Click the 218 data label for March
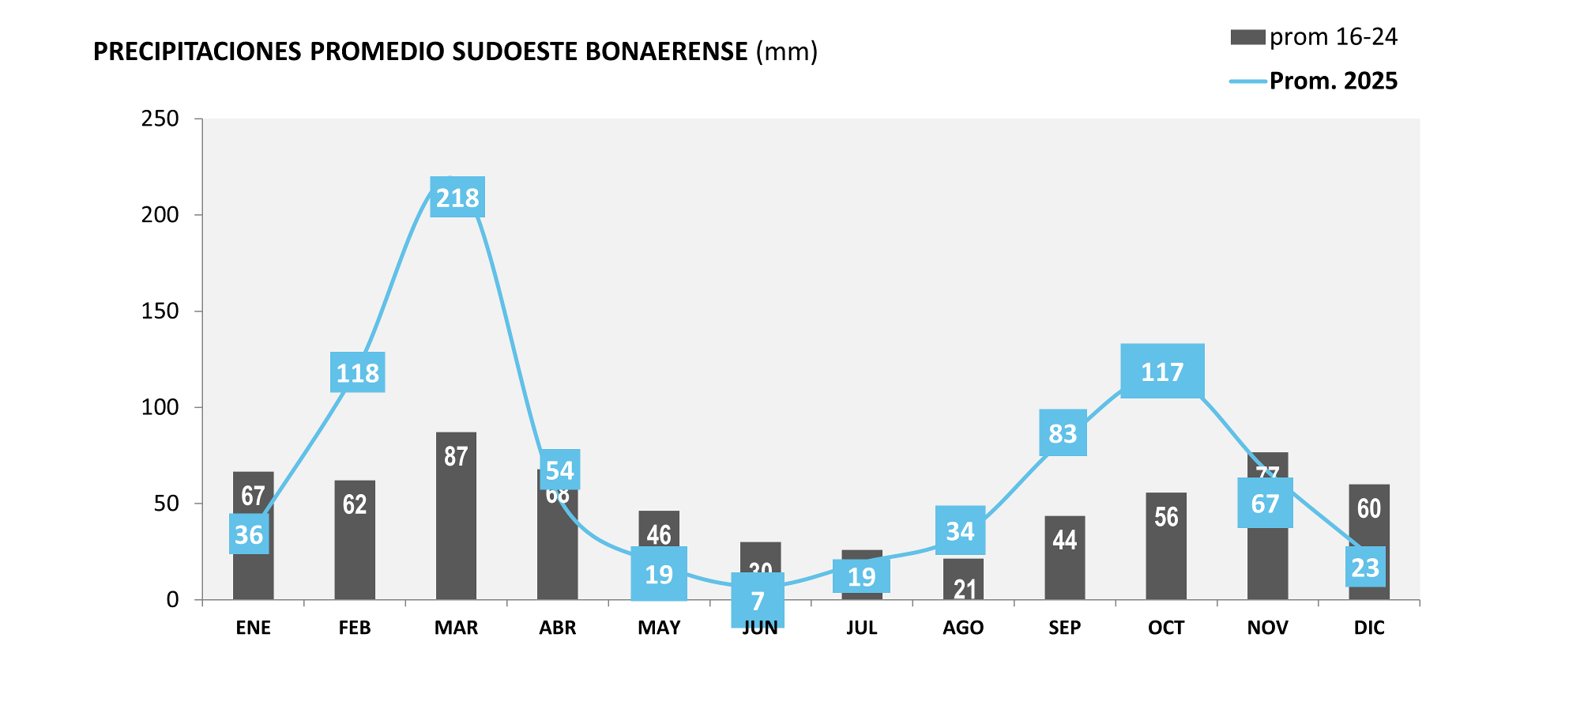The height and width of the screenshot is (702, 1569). coord(457,197)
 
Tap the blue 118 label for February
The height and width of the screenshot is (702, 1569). coord(357,372)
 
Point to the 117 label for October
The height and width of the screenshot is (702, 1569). coord(1162,371)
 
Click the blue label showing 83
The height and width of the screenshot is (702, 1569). coord(1063,433)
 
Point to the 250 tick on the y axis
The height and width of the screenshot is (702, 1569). coord(160,119)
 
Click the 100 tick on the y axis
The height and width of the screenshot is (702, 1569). coord(160,407)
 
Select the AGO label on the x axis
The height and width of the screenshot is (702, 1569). coord(963,628)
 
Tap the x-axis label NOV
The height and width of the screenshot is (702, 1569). coord(1267,628)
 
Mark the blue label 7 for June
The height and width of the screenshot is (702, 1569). coord(758,601)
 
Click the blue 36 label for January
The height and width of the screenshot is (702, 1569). coord(249,534)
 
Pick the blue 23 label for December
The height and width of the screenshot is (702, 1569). coord(1365,567)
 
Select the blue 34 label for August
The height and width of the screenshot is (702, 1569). coord(960,530)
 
